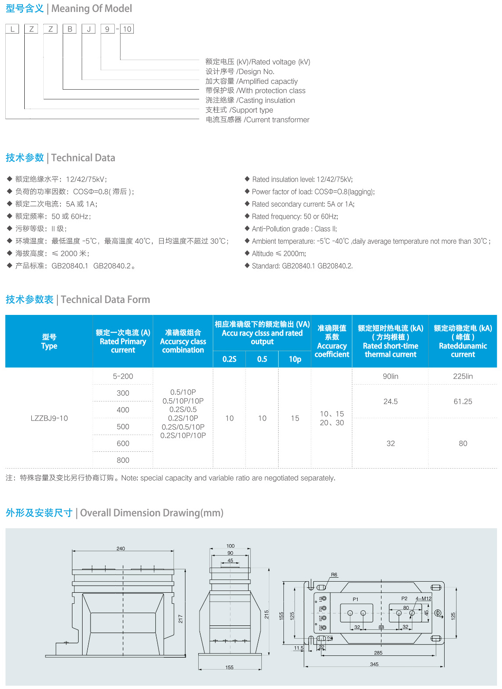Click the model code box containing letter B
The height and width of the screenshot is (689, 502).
coord(70,29)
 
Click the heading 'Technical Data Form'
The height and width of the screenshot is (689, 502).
coord(105,299)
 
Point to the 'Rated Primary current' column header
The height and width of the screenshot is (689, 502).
coord(123,341)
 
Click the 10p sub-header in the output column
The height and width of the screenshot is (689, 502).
coord(295,359)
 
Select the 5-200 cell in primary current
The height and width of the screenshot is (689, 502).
coord(123,376)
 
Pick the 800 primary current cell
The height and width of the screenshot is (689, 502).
coord(123,460)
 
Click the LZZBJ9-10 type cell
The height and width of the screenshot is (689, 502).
coord(49,418)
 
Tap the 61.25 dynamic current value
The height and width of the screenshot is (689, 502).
coord(463,401)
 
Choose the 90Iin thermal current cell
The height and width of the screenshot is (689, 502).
coord(390,376)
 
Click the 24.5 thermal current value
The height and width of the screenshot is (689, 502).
coord(390,401)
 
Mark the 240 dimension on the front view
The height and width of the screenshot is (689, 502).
coord(121,549)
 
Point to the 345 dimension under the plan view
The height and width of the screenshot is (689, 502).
coord(374,664)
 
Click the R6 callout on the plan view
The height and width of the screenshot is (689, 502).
coord(334,575)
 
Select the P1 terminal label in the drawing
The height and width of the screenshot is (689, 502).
coord(355,599)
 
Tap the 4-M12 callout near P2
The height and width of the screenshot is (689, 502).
coord(423,598)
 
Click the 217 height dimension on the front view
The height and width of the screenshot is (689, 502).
coord(181,619)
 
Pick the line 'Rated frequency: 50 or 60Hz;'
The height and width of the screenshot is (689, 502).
coord(295,216)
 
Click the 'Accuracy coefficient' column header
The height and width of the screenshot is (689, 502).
coord(332,341)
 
